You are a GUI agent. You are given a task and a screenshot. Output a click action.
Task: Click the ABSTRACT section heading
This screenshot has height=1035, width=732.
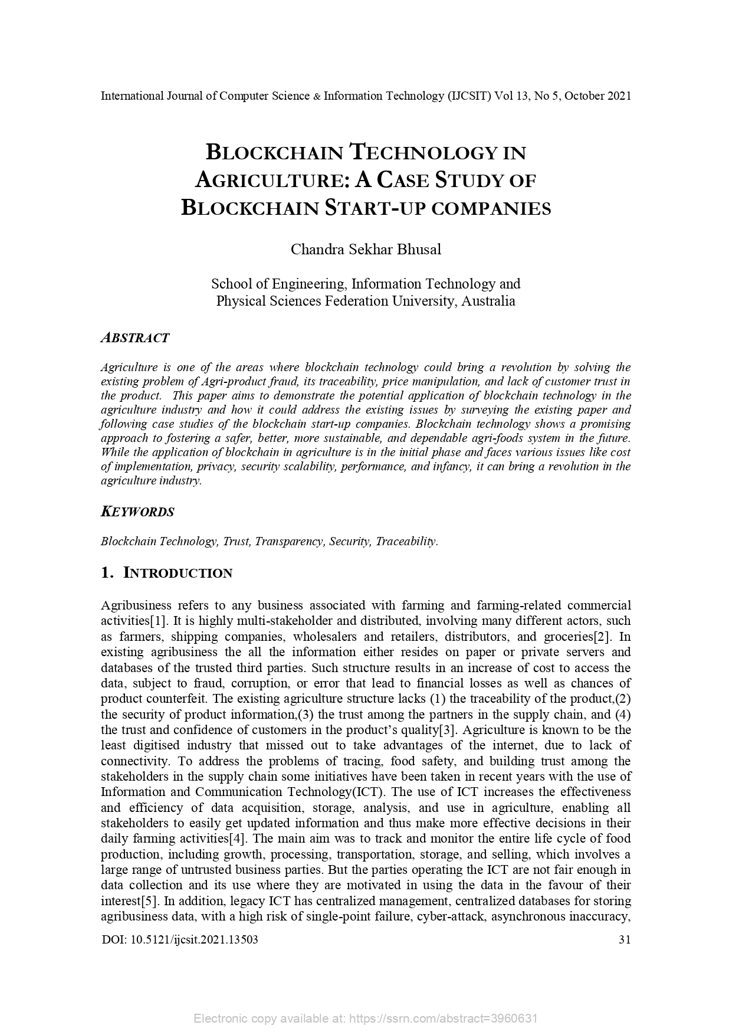coord(135,338)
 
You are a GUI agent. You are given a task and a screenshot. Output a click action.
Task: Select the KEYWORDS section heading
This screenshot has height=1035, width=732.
coord(137,512)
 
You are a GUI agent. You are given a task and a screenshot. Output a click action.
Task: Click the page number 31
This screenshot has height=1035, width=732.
coord(624,939)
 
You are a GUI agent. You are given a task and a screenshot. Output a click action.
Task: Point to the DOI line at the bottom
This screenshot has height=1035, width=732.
coord(179,939)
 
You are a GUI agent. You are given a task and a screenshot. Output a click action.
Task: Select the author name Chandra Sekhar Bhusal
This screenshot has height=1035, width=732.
coord(366,249)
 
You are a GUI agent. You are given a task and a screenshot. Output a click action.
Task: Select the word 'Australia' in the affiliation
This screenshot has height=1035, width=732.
coord(488,301)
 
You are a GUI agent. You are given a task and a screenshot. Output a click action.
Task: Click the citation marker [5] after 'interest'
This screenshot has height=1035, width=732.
coord(150,901)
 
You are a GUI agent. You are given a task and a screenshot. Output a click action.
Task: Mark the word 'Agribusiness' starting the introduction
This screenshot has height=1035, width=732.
coord(136,605)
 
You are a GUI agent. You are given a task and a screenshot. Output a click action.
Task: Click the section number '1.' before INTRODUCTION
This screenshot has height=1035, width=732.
coord(107,573)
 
